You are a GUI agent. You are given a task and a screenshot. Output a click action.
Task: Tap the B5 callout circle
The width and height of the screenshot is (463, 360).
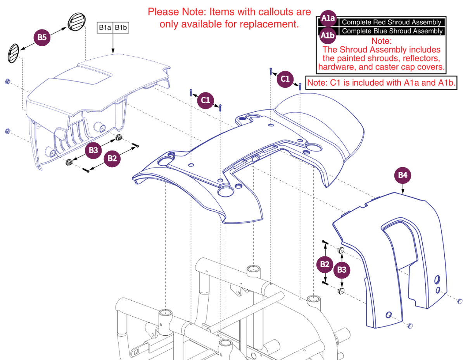pyautogui.click(x=41, y=38)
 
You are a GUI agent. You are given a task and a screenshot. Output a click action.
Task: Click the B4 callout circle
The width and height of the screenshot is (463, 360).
pyautogui.click(x=403, y=175)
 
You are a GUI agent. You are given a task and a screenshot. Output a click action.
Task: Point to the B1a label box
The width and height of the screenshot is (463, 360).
pyautogui.click(x=105, y=28)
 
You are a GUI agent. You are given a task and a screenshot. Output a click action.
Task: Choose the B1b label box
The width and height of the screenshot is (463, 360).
pyautogui.click(x=121, y=28)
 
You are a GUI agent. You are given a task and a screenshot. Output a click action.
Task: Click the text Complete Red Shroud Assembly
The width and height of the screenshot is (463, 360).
pyautogui.click(x=392, y=22)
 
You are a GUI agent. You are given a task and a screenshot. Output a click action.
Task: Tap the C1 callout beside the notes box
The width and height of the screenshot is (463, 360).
pyautogui.click(x=285, y=79)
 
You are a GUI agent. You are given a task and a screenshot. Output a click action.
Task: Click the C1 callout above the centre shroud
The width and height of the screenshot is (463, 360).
pyautogui.click(x=205, y=100)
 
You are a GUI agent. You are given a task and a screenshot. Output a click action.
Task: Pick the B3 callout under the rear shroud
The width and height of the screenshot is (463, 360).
pyautogui.click(x=93, y=151)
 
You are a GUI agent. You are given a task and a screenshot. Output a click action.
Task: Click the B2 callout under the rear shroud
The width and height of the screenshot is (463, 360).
pyautogui.click(x=112, y=158)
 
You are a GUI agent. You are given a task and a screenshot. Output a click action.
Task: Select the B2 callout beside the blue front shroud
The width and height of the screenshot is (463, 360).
pyautogui.click(x=325, y=265)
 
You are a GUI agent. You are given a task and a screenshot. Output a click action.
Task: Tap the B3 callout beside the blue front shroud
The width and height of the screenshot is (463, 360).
pyautogui.click(x=342, y=270)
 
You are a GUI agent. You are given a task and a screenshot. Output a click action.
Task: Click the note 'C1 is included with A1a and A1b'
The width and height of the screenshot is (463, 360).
pyautogui.click(x=380, y=82)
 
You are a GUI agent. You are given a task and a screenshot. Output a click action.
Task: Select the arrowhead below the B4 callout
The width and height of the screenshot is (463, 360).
pyautogui.click(x=403, y=191)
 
